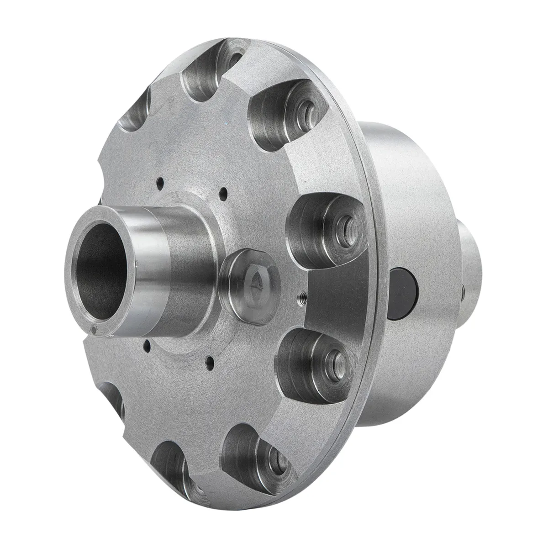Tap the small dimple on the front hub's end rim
(94, 332)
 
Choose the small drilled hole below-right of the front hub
(209, 364)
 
